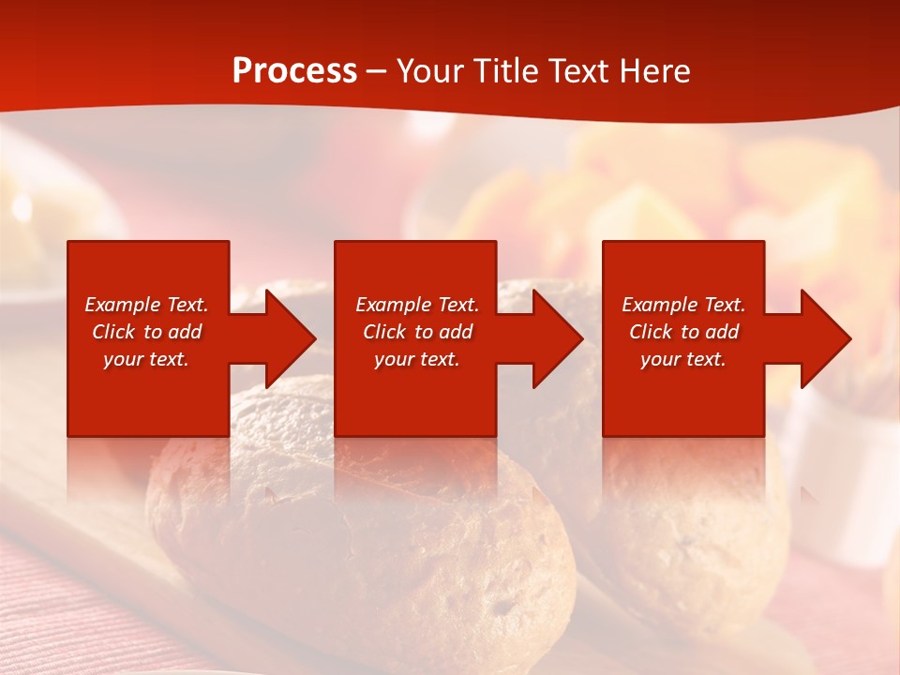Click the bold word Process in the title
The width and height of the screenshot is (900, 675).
pyautogui.click(x=294, y=71)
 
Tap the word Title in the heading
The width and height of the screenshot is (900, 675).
pyautogui.click(x=507, y=71)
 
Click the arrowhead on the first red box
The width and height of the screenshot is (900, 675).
pyautogui.click(x=286, y=338)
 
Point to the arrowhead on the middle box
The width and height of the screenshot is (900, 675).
pyautogui.click(x=553, y=338)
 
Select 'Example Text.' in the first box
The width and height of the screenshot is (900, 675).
pyautogui.click(x=146, y=305)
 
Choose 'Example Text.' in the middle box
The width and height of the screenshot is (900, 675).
pyautogui.click(x=417, y=305)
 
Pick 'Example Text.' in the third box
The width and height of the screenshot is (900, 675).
pyautogui.click(x=683, y=305)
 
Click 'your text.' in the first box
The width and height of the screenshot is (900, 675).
pyautogui.click(x=146, y=359)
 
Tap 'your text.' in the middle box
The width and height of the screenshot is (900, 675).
pyautogui.click(x=417, y=359)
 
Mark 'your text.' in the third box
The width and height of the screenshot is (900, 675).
pyautogui.click(x=683, y=359)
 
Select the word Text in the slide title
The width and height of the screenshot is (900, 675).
pyautogui.click(x=578, y=71)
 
